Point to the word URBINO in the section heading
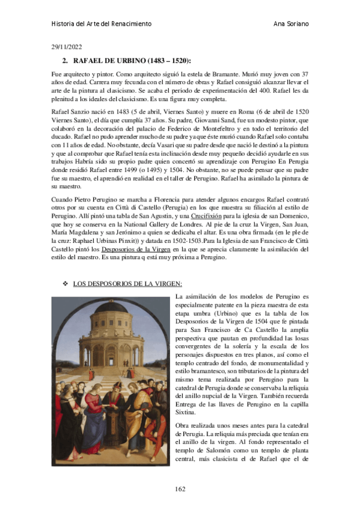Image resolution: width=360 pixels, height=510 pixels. [123, 61]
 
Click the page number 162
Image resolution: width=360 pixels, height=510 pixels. [180, 488]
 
